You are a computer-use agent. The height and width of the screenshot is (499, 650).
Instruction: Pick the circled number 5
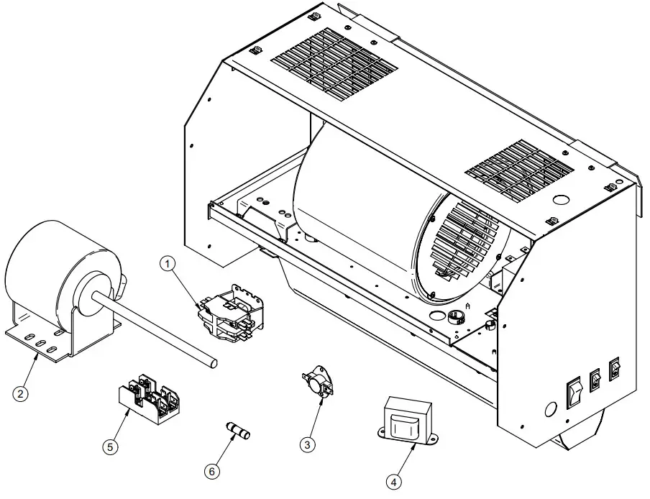pyautogui.click(x=109, y=447)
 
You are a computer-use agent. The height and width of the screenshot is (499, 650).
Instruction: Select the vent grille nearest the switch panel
pyautogui.click(x=519, y=170)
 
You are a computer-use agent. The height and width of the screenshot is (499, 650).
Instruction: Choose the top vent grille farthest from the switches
pyautogui.click(x=334, y=64)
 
